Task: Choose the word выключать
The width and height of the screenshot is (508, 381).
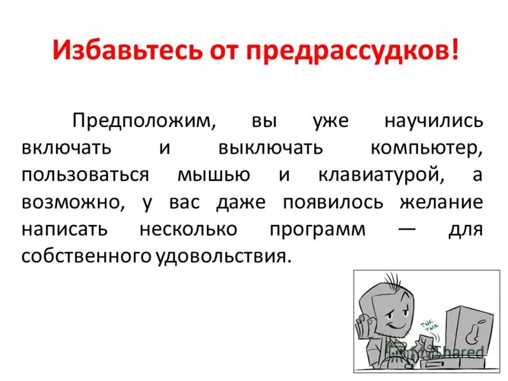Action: point(271,149)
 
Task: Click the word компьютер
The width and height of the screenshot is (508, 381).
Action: point(426,149)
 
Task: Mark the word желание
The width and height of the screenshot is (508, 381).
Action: point(441,203)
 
